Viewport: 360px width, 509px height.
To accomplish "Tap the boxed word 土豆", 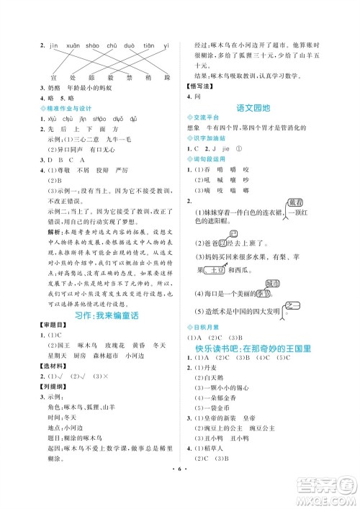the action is [x=215, y=271].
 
